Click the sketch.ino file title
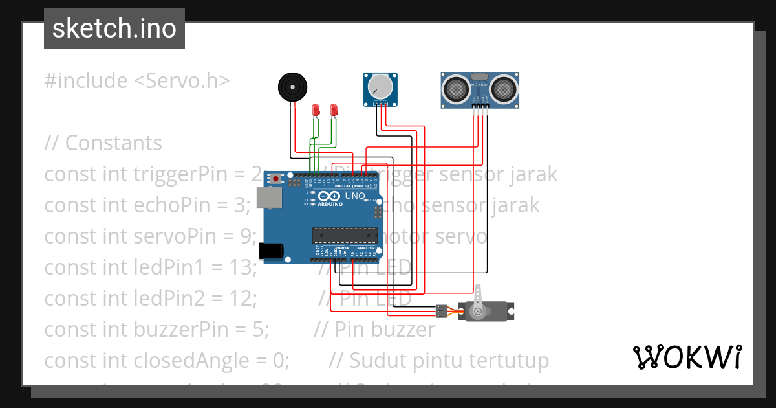coord(114,28)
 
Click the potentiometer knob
coord(380,86)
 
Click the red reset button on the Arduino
coord(277,178)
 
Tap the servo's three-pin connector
coord(442,311)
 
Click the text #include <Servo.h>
coord(137,81)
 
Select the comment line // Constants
coord(103,142)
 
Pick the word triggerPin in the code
coord(176,174)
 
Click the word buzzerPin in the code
coord(171,329)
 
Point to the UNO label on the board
coord(354,196)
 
